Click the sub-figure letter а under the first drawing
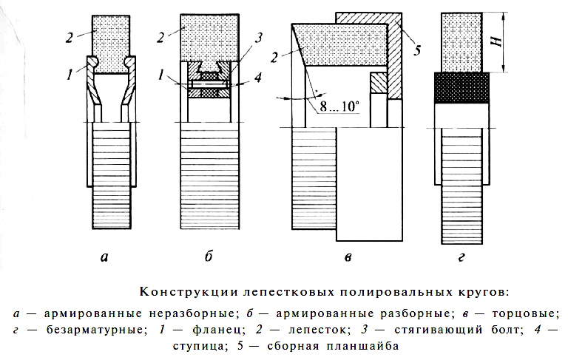pyautogui.click(x=104, y=257)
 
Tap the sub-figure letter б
pyautogui.click(x=209, y=257)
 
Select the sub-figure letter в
pyautogui.click(x=348, y=257)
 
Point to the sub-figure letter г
pyautogui.click(x=461, y=257)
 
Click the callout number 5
pyautogui.click(x=417, y=50)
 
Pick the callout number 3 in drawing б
pyautogui.click(x=258, y=38)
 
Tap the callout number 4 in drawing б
pyautogui.click(x=257, y=77)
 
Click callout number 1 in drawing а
pyautogui.click(x=70, y=75)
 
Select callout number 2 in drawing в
pyautogui.click(x=274, y=57)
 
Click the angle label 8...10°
pyautogui.click(x=339, y=106)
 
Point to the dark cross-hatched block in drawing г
pyautogui.click(x=461, y=88)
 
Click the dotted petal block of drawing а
pyautogui.click(x=111, y=44)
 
